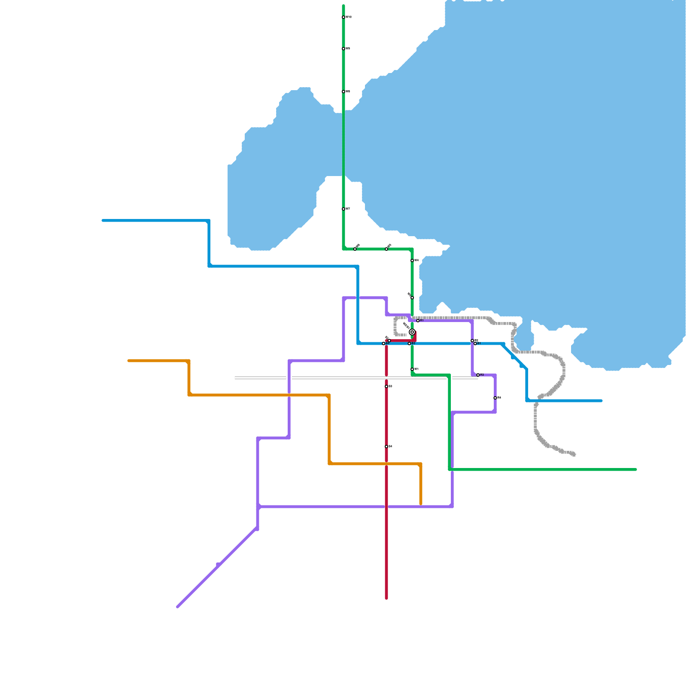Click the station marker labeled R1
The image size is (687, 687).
point(418,321)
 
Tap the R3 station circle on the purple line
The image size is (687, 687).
point(478,375)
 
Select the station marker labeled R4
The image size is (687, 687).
point(495,398)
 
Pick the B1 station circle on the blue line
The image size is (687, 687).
point(475,343)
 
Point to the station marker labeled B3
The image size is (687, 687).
point(409,343)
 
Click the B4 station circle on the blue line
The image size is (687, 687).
point(383,343)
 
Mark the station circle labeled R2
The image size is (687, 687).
point(472,340)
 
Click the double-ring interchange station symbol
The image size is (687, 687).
point(412,332)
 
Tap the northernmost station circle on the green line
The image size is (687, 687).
point(343,17)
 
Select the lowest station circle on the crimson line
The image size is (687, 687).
point(386,447)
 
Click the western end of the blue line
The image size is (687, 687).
point(103,221)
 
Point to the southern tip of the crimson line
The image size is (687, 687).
point(386,598)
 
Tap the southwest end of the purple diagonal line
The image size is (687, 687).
point(177,607)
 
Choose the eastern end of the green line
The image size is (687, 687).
point(635,470)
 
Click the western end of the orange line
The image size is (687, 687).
point(129,361)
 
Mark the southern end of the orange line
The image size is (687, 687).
point(421,504)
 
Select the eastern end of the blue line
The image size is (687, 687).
point(601,401)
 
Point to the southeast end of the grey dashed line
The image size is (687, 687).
point(574,454)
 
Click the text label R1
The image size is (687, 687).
point(422,321)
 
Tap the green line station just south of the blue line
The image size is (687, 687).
point(412,369)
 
